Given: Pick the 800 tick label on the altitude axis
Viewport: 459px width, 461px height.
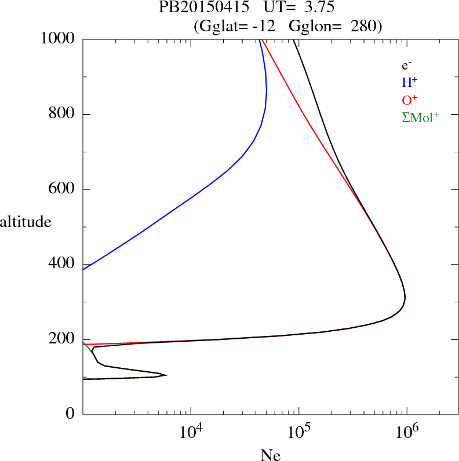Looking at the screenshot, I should pos(63,114).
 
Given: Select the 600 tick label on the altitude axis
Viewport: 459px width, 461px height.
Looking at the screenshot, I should pos(63,189).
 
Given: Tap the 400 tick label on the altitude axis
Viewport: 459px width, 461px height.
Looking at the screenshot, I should pos(63,265).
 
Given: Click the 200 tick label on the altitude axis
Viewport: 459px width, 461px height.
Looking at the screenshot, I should pos(63,339).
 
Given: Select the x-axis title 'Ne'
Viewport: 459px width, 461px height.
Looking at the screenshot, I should pos(271,455).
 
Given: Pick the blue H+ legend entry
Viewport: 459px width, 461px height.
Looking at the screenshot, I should pos(409,83).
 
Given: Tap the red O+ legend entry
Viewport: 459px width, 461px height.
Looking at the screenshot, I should pos(409,100).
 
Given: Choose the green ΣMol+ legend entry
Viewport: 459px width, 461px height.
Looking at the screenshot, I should pos(420,118).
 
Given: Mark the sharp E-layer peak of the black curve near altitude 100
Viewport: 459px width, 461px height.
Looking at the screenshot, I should pos(166,375).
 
